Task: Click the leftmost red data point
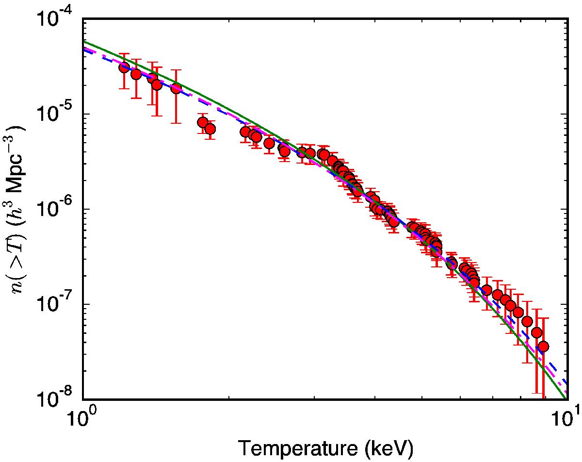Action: click(124, 67)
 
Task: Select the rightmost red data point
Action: click(543, 346)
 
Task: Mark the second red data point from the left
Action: click(136, 74)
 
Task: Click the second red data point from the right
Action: click(536, 332)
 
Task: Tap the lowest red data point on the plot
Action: click(543, 346)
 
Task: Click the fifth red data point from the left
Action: click(176, 88)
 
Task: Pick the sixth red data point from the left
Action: click(203, 122)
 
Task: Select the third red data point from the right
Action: click(527, 321)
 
